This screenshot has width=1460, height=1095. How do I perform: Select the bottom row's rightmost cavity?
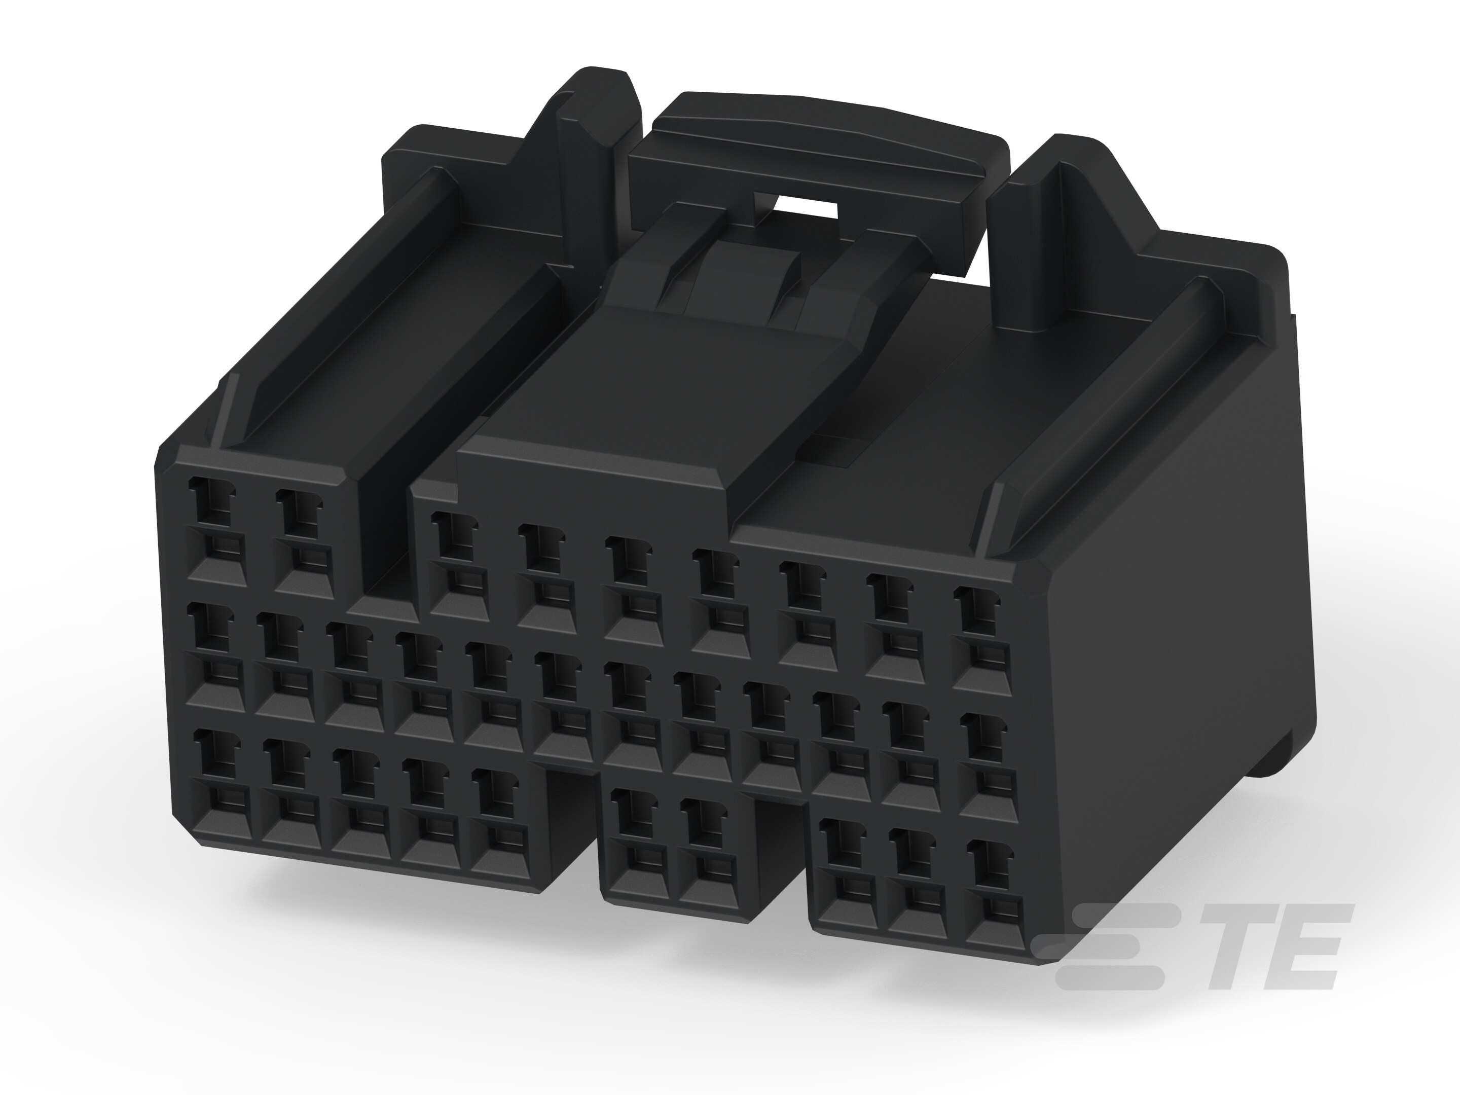tap(990, 891)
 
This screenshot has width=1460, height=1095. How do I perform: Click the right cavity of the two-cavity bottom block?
tap(706, 852)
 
